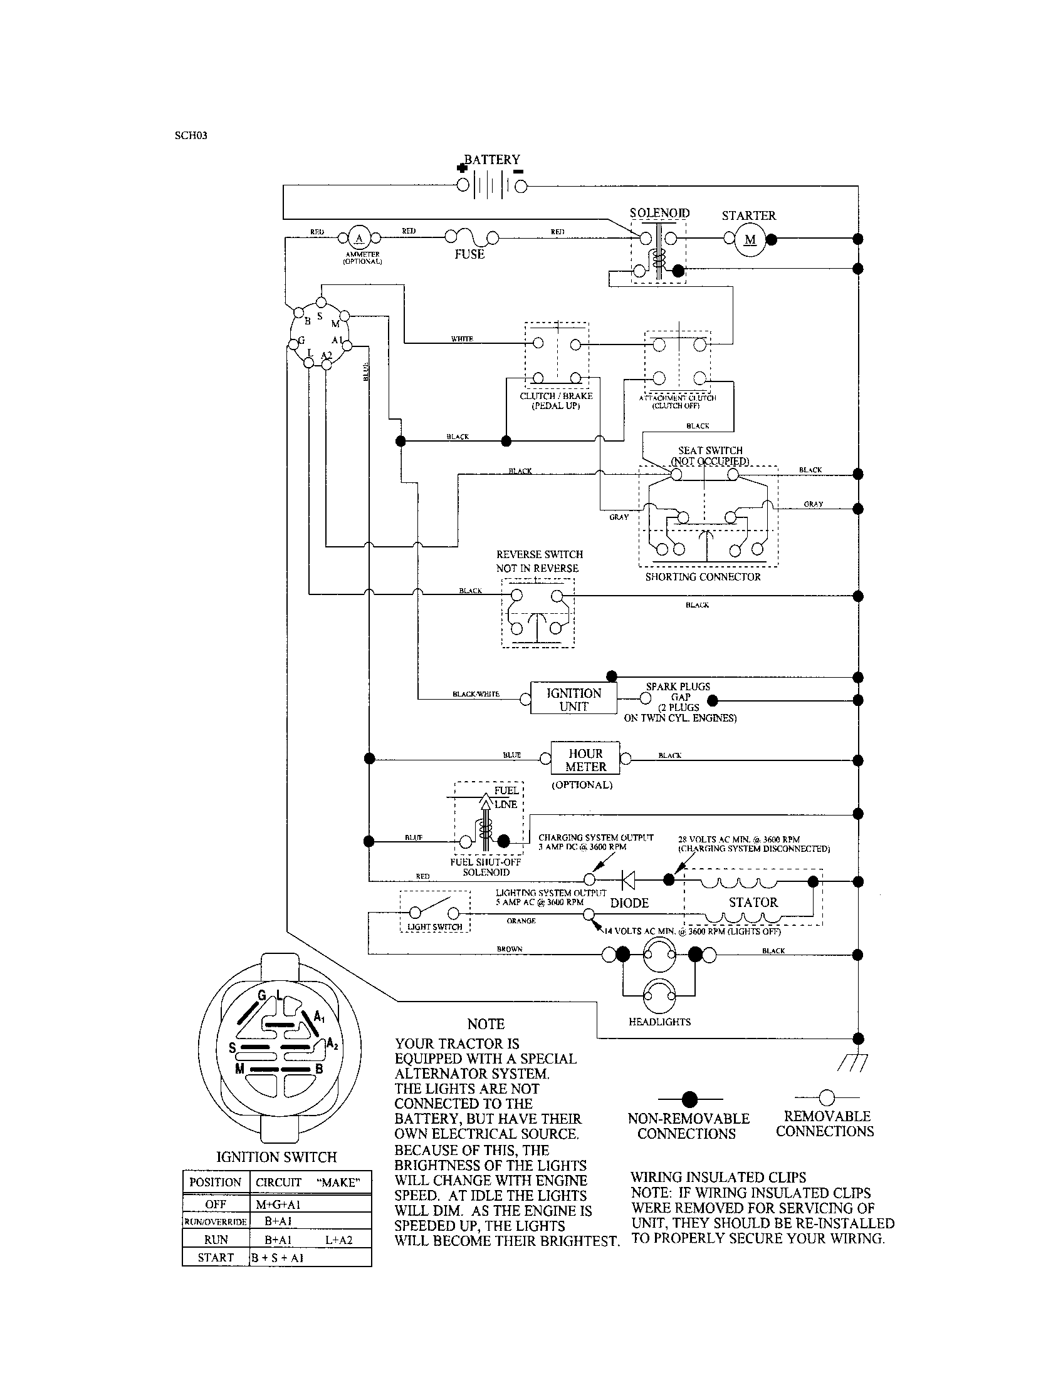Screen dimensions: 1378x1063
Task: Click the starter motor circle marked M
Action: pyautogui.click(x=750, y=240)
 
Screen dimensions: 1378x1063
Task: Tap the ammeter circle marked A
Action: pyautogui.click(x=360, y=238)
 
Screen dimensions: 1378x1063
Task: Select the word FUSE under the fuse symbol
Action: pyautogui.click(x=469, y=254)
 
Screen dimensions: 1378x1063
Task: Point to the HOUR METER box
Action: pyautogui.click(x=585, y=760)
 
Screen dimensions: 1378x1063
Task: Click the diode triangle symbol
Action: pyautogui.click(x=628, y=879)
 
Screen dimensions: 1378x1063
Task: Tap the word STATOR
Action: pyautogui.click(x=753, y=902)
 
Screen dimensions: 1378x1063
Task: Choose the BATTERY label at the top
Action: pyautogui.click(x=492, y=160)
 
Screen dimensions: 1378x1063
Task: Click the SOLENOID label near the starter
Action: pyautogui.click(x=659, y=213)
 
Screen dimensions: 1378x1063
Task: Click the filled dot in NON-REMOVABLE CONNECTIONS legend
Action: pyautogui.click(x=690, y=1099)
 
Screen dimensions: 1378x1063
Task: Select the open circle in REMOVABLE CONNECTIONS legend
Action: pyautogui.click(x=826, y=1098)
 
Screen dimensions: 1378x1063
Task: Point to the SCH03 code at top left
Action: pyautogui.click(x=191, y=135)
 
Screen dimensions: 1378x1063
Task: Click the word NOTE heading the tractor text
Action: pyautogui.click(x=485, y=1024)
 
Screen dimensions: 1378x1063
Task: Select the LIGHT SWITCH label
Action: pyautogui.click(x=434, y=927)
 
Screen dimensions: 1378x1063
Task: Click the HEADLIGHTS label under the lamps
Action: pyautogui.click(x=659, y=1022)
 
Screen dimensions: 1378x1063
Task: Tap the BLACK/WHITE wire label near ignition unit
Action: pyautogui.click(x=475, y=694)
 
